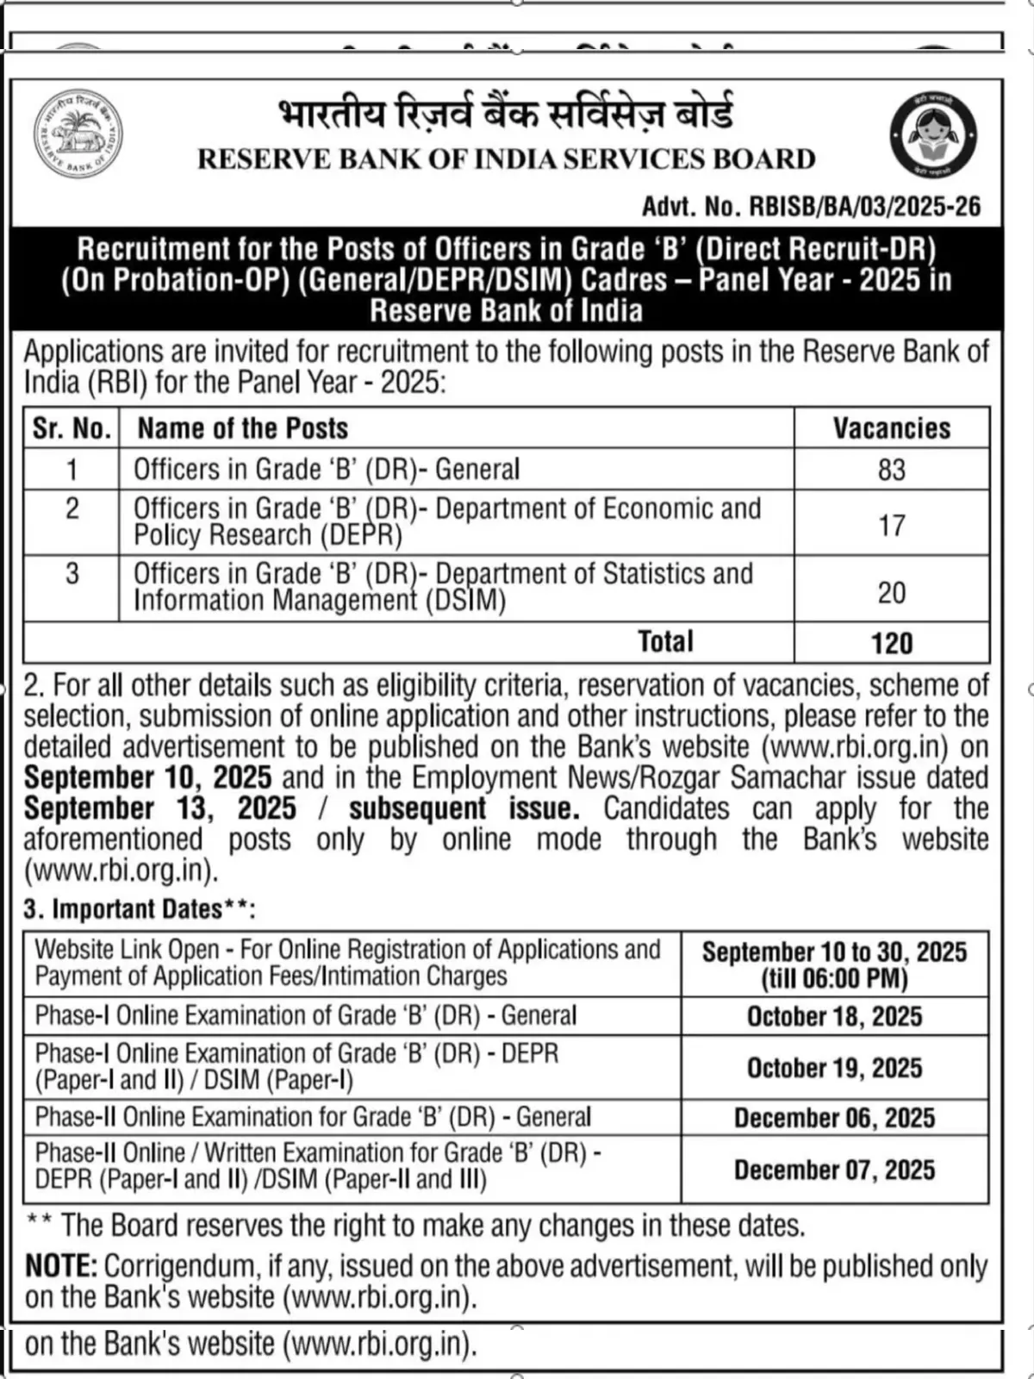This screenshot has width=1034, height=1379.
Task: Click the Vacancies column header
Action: pyautogui.click(x=891, y=428)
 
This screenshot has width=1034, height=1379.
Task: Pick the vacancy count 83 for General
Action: pyautogui.click(x=891, y=470)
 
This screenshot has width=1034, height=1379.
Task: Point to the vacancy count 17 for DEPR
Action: pyautogui.click(x=891, y=525)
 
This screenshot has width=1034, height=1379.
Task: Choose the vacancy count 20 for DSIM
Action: pyautogui.click(x=891, y=592)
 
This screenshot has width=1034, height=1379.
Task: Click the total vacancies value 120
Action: pyautogui.click(x=891, y=643)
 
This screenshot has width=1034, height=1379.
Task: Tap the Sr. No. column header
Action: pyautogui.click(x=72, y=428)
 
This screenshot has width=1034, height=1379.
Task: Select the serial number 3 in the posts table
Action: pyautogui.click(x=72, y=574)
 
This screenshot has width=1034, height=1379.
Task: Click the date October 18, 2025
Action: pyautogui.click(x=834, y=1017)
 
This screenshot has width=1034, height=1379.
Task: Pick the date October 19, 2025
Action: pyautogui.click(x=834, y=1068)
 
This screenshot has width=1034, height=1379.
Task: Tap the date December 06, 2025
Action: pyautogui.click(x=834, y=1118)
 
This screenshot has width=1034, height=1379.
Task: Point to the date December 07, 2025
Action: pyautogui.click(x=834, y=1170)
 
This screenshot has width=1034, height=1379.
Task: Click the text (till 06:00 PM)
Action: pyautogui.click(x=834, y=979)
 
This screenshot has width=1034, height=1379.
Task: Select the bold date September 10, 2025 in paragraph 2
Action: pyautogui.click(x=147, y=777)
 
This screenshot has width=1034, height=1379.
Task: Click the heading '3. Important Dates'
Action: pyautogui.click(x=138, y=909)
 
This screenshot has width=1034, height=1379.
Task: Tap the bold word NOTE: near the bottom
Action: pyautogui.click(x=61, y=1266)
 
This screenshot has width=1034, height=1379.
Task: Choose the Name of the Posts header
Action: pyautogui.click(x=243, y=428)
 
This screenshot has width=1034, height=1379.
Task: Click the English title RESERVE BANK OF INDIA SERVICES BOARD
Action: pyautogui.click(x=506, y=159)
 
